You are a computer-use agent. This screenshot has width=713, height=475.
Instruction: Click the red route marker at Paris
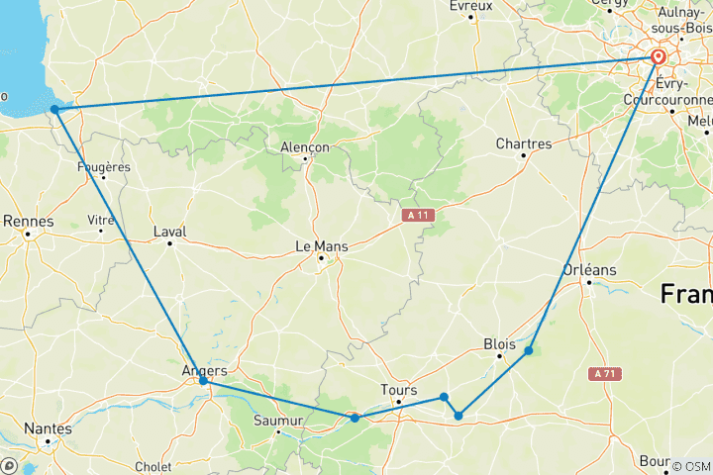(658, 57)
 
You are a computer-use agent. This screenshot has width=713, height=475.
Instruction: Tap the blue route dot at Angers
(203, 380)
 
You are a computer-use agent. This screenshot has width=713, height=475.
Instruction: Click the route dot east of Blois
(529, 350)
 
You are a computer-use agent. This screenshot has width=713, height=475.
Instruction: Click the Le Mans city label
(318, 246)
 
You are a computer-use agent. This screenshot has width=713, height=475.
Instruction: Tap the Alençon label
(305, 146)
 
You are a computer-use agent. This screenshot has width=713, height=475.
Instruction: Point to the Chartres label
(524, 143)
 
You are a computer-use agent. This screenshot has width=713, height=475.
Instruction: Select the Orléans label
(590, 269)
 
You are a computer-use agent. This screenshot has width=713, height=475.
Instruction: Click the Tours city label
(399, 389)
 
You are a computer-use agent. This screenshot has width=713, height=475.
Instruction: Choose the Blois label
(499, 343)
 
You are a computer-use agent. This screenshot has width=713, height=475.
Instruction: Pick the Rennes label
(28, 221)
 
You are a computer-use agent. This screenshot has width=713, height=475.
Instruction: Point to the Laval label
(170, 232)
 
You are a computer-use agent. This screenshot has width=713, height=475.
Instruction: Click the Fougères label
(104, 166)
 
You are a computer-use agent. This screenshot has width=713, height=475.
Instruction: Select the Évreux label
(470, 6)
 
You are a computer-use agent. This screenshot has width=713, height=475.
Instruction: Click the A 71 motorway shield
(605, 373)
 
